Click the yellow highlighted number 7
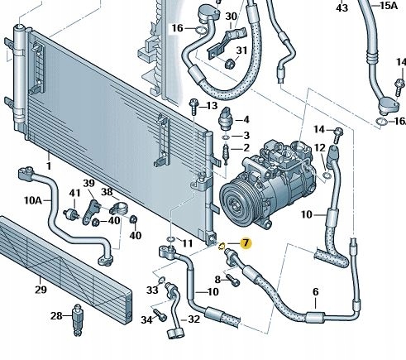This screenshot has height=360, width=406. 246,243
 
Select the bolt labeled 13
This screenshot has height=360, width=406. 193,107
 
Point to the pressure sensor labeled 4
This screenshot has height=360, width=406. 226,119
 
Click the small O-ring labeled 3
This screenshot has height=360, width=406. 226,137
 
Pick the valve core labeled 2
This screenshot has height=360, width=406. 226,154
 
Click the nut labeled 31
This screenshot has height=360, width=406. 229,64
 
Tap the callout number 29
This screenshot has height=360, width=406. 41,290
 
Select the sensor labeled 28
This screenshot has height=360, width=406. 78,320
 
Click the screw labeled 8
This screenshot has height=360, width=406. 233,280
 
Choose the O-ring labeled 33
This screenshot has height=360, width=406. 161,281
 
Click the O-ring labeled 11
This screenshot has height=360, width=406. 171,239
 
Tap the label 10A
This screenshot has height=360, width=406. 32,200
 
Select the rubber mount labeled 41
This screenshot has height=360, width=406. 72,214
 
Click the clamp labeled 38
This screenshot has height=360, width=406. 119,208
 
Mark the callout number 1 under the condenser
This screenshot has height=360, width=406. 49,166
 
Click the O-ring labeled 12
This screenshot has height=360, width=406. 327,175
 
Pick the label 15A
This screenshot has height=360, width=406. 389,6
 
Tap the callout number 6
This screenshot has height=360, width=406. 316,292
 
